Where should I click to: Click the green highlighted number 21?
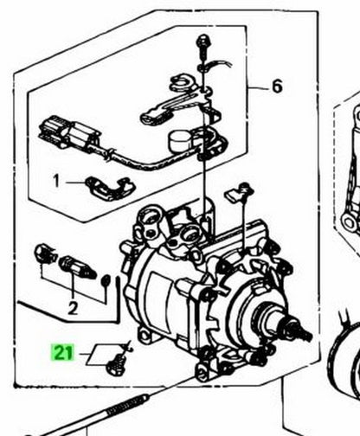pyautogui.click(x=62, y=352)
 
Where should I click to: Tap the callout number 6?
pyautogui.click(x=277, y=87)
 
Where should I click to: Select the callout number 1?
pyautogui.click(x=56, y=182)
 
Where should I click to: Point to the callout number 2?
pyautogui.click(x=73, y=308)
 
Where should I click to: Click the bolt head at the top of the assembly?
pyautogui.click(x=203, y=41)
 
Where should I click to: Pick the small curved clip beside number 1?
pyautogui.click(x=111, y=188)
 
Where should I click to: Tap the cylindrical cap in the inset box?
pyautogui.click(x=179, y=140)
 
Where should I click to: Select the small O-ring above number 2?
pyautogui.click(x=106, y=279)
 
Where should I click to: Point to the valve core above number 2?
pyautogui.click(x=77, y=267)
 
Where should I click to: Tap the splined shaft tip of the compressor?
pyautogui.click(x=305, y=332)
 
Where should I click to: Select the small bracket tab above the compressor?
pyautogui.click(x=239, y=193)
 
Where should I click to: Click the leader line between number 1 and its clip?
pyautogui.click(x=75, y=183)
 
